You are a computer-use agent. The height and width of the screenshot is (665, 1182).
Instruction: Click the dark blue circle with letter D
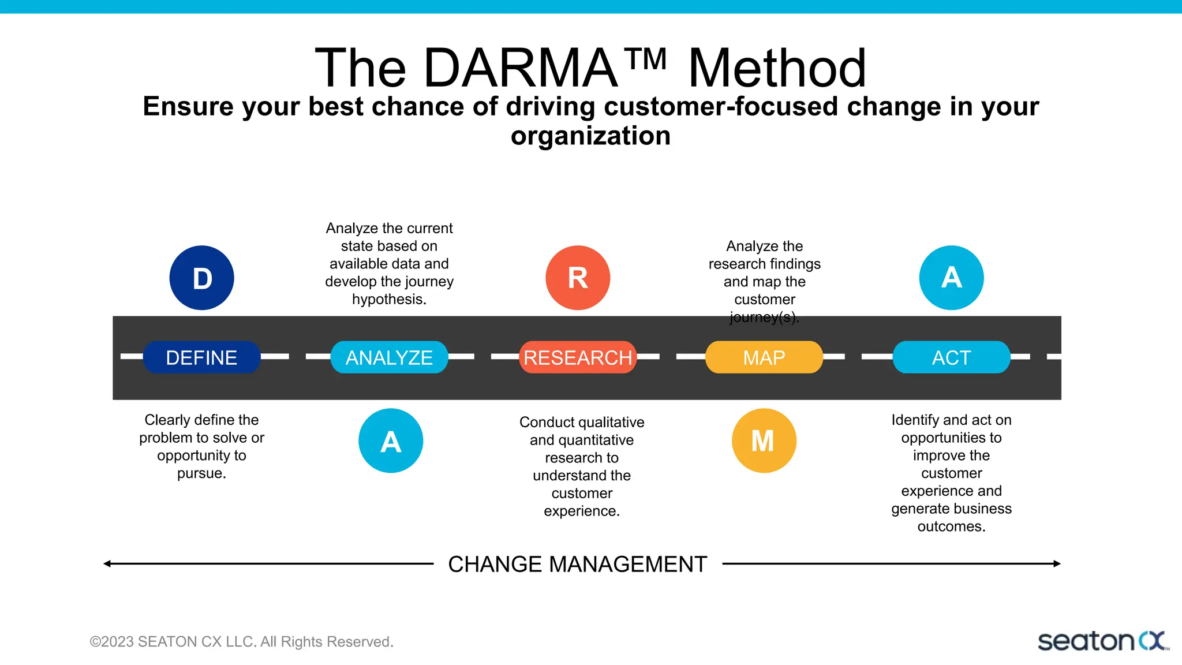201,278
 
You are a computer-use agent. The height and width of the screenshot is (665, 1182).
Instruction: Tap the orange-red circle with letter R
578,278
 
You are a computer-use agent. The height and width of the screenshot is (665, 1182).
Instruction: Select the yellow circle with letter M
764,440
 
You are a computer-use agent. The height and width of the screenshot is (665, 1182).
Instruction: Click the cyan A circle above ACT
951,278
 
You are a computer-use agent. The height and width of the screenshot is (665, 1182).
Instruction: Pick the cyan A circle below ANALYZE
391,440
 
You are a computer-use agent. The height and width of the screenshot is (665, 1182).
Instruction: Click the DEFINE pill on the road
201,357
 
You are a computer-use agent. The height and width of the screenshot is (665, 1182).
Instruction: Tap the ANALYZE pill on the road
389,357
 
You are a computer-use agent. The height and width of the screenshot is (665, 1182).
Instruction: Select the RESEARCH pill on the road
578,357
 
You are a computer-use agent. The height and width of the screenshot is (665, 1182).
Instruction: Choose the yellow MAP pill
764,357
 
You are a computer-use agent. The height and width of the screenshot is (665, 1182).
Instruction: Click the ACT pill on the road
951,357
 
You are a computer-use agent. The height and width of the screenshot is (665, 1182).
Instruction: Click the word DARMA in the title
521,69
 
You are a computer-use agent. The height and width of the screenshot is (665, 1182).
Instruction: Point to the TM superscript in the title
646,58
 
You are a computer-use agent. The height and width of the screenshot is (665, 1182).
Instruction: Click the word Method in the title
777,69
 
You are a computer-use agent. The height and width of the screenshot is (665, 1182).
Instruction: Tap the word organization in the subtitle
590,136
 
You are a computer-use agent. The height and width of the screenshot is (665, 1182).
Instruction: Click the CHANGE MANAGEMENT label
577,564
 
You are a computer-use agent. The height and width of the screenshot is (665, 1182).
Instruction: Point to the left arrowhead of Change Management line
107,563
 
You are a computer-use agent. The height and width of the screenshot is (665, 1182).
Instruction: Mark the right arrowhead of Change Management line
1057,563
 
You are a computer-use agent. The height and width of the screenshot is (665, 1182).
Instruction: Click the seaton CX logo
1102,641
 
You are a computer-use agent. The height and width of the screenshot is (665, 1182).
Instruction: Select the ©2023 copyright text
241,641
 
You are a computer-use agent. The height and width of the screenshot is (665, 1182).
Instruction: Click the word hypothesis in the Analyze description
388,299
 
